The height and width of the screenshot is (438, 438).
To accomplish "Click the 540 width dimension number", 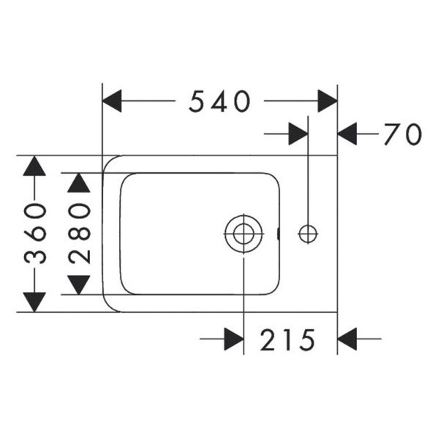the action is (219, 101).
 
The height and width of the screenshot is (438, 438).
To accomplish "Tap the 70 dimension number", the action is (402, 134).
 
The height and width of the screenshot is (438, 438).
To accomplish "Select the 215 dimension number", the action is (287, 339).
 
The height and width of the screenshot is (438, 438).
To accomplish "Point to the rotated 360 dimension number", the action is (34, 234).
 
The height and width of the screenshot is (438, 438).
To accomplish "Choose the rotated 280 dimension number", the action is (79, 234).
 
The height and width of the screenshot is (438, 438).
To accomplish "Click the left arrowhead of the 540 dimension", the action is (112, 101).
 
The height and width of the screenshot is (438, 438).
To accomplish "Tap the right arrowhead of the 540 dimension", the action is (328, 101).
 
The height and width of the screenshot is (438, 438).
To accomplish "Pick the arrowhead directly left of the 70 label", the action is (347, 134).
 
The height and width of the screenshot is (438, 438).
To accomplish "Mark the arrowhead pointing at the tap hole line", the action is (298, 134).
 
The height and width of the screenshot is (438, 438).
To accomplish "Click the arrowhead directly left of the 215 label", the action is (234, 339).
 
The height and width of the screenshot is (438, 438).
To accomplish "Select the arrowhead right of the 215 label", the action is (347, 339).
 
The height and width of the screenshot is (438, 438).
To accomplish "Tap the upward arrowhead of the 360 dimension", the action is (34, 166).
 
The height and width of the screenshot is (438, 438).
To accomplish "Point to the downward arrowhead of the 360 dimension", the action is (34, 302).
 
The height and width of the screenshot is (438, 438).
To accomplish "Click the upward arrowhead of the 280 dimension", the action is (79, 182).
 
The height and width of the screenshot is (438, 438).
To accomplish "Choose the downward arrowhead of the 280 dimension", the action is (79, 285).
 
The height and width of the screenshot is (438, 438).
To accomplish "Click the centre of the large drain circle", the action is (243, 234).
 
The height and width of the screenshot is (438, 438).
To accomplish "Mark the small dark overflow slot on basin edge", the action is (278, 234).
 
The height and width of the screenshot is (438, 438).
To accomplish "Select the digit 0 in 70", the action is (413, 134).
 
